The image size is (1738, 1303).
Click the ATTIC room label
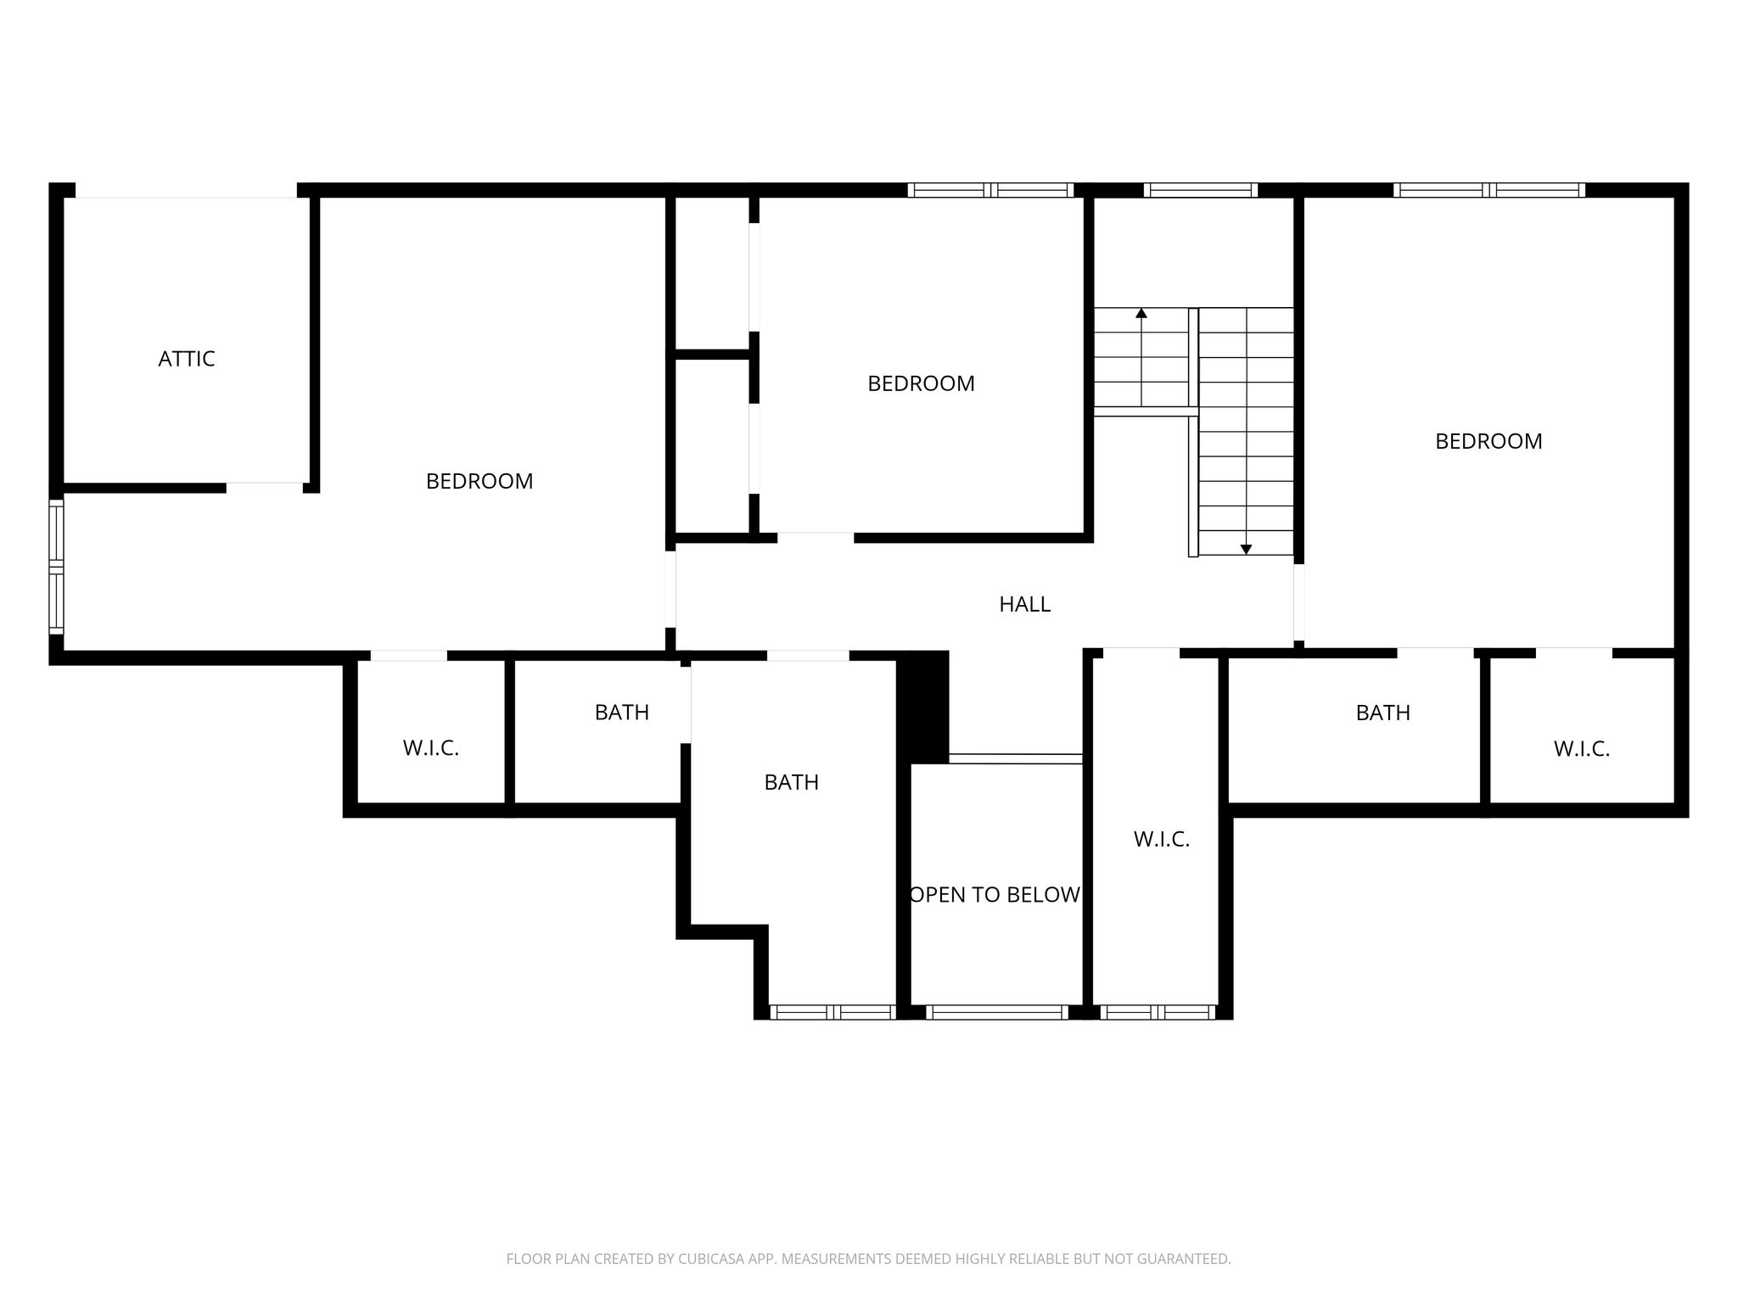point(187,359)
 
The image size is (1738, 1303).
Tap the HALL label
point(1024,604)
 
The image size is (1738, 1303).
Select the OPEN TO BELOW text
point(995,895)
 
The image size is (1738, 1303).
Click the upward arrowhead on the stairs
point(1141,313)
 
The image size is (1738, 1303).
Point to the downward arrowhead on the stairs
point(1246,550)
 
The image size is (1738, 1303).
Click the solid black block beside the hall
point(923,707)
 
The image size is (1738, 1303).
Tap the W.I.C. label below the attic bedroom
point(430,748)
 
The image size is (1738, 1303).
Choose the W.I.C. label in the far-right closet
point(1582,749)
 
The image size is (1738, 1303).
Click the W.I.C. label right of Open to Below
point(1162,839)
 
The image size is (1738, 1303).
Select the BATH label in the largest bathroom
point(791,782)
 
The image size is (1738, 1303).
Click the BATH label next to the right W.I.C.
point(1383,713)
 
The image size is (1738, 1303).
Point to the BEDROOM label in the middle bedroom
point(921,383)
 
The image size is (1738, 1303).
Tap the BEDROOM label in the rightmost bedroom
point(1489,441)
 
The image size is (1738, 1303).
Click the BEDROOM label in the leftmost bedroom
point(479,481)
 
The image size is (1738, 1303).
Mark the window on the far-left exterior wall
point(56,567)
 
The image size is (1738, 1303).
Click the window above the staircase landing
point(1200,190)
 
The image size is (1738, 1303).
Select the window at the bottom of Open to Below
point(996,1012)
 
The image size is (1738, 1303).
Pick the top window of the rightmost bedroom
point(1489,190)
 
